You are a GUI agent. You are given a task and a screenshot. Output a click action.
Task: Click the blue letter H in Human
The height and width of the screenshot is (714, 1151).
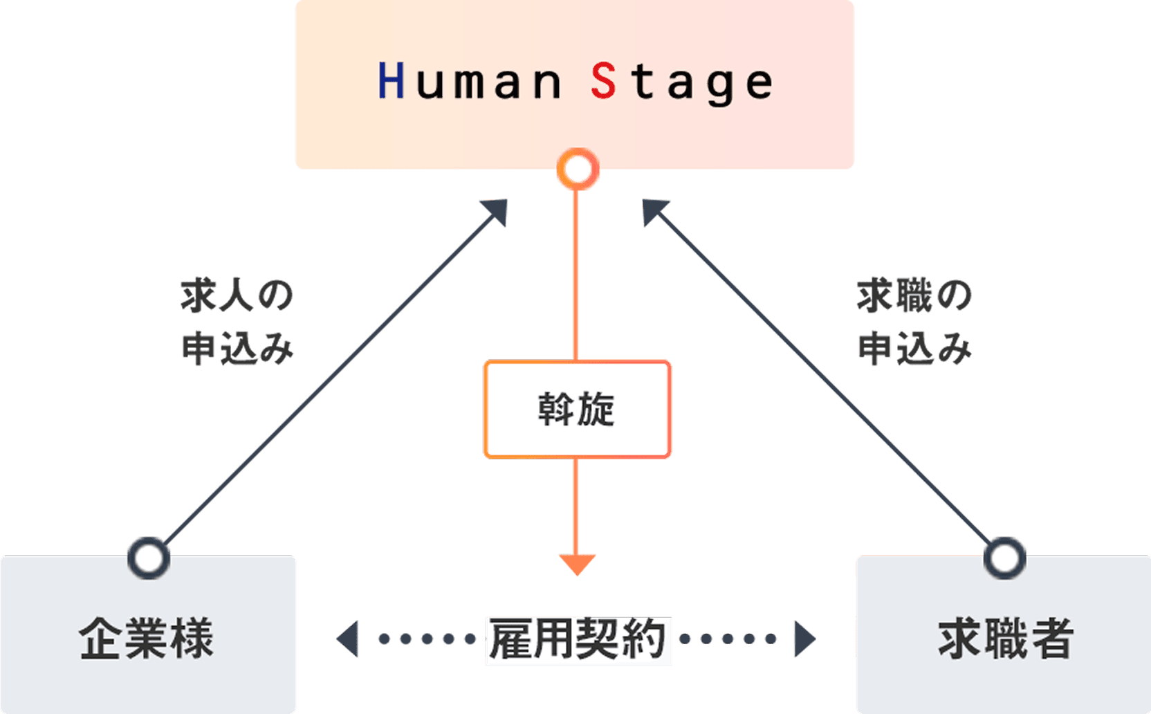point(391,81)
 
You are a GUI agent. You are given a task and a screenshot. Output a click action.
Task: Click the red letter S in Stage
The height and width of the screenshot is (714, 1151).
point(603,81)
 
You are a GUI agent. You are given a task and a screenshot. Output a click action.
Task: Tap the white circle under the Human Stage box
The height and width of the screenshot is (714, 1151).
point(578,169)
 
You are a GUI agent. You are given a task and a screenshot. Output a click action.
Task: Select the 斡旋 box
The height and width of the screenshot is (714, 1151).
point(577,409)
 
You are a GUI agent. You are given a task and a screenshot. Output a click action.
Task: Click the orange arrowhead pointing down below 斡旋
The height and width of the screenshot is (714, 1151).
point(577,563)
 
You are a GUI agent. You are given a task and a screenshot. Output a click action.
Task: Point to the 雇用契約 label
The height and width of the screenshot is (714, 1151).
point(578,640)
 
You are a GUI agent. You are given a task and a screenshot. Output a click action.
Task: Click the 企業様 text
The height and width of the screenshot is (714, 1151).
point(147,638)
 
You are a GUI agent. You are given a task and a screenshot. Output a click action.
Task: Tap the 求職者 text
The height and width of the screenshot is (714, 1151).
point(1005,638)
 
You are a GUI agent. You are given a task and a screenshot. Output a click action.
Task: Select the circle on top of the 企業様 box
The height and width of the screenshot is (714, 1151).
point(149,558)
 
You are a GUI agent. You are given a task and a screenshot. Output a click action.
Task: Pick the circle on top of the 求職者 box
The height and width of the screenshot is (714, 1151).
point(1004,558)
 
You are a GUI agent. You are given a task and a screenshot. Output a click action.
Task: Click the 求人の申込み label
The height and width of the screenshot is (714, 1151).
point(237,322)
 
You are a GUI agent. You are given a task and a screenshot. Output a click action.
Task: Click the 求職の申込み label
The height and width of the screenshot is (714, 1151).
point(914,322)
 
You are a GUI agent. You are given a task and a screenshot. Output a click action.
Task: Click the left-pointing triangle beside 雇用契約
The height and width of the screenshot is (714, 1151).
point(349,639)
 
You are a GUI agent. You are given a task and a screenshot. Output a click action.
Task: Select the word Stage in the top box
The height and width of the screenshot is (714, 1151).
point(681,82)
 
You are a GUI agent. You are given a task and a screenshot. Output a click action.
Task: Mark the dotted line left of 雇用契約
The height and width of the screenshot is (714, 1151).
point(427,639)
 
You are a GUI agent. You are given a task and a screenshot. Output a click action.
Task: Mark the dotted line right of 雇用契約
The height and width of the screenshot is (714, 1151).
point(728,639)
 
